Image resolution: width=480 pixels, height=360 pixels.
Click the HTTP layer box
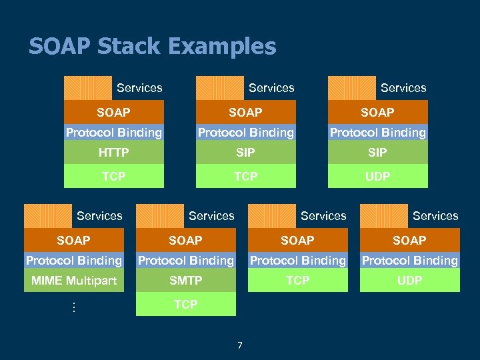coord(113,153)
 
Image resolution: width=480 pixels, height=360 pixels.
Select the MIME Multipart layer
coord(73,281)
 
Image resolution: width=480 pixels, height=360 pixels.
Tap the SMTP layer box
coord(185,281)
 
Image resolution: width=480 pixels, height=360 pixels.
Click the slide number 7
coord(240,345)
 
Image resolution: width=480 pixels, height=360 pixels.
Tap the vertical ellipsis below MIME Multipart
coord(73,308)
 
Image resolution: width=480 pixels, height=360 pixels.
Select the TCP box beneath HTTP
coord(113,176)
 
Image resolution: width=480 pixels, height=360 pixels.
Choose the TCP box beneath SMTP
coord(185,304)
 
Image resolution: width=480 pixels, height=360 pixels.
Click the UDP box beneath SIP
coord(377,176)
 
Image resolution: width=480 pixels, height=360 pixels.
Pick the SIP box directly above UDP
coord(377,153)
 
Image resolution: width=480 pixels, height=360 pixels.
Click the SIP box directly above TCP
coord(245,153)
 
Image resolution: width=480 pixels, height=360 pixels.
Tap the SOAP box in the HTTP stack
coord(113,112)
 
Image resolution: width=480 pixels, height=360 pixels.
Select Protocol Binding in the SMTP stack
coord(185,260)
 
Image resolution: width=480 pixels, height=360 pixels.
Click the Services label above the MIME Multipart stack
coord(99,216)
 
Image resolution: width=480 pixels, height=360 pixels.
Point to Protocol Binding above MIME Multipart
coord(73,260)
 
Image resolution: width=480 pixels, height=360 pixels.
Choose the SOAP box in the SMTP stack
coord(185,240)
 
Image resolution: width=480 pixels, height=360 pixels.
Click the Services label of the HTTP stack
coord(139,88)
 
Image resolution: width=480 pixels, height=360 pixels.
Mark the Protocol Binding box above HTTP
coord(113,133)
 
